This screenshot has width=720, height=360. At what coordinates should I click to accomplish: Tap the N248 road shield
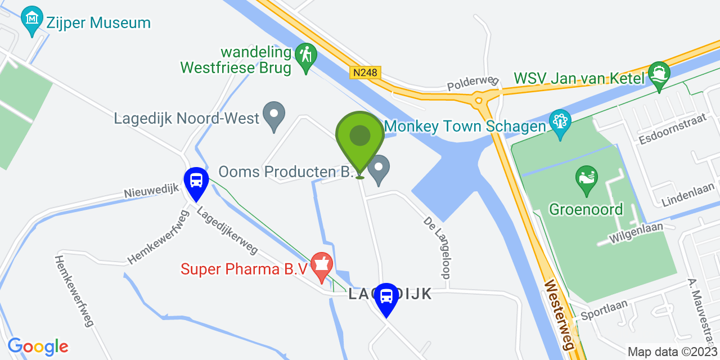(x=365, y=73)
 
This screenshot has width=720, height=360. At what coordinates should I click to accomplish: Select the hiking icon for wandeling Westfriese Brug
(x=305, y=56)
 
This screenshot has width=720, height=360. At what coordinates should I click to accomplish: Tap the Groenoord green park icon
(x=586, y=178)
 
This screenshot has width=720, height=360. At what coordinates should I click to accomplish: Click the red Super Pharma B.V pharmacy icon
(x=322, y=265)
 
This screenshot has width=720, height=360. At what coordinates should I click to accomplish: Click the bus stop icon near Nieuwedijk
(x=196, y=181)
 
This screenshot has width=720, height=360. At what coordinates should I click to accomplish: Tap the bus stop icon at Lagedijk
(x=386, y=296)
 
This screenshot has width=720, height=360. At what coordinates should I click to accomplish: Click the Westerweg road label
(x=559, y=315)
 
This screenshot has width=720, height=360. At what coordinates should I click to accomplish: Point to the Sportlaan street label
(x=604, y=308)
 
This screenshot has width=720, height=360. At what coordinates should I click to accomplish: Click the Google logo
(x=38, y=346)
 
